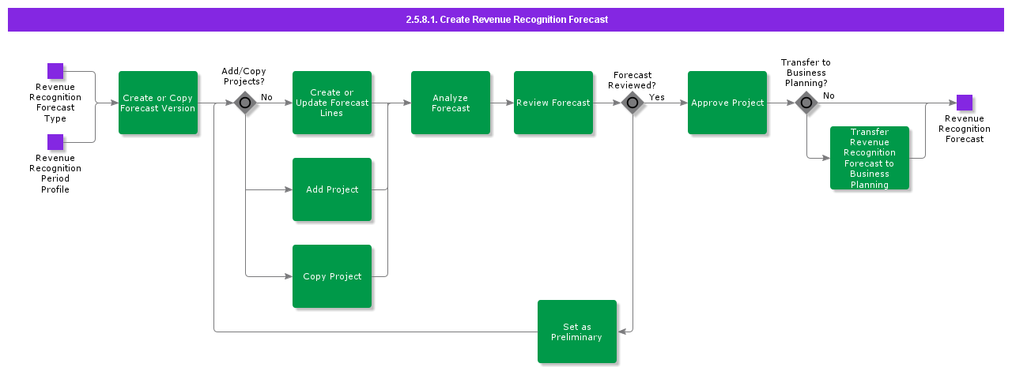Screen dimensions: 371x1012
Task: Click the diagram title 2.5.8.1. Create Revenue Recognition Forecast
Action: tap(506, 19)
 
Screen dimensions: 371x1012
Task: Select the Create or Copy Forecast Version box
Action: tap(158, 103)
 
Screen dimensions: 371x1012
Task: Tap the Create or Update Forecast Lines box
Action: tap(332, 103)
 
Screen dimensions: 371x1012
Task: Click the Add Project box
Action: tap(332, 189)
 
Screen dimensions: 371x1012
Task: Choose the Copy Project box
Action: tap(332, 276)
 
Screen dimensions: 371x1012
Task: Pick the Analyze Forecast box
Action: tap(451, 103)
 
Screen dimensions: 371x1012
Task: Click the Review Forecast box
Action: tap(553, 103)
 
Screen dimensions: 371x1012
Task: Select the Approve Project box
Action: tap(727, 103)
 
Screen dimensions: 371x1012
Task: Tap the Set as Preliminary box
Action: tap(577, 332)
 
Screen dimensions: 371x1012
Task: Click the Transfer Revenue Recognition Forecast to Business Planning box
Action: tap(870, 158)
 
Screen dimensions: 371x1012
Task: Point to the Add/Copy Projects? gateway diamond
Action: tap(245, 103)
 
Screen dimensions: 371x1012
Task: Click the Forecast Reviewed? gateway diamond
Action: tap(632, 103)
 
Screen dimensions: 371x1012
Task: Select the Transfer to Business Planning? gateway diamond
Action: tap(806, 103)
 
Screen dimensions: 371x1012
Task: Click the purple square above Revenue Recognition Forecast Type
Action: tap(55, 71)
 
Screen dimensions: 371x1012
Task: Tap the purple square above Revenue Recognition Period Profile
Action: tap(55, 142)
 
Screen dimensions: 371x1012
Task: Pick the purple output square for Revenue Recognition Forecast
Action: tap(965, 103)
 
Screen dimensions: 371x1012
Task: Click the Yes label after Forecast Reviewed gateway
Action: tap(657, 96)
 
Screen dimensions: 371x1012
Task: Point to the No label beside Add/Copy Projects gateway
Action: tap(266, 97)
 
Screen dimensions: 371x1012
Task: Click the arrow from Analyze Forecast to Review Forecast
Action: tap(502, 103)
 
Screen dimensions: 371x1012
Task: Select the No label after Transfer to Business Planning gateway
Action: tap(829, 96)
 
